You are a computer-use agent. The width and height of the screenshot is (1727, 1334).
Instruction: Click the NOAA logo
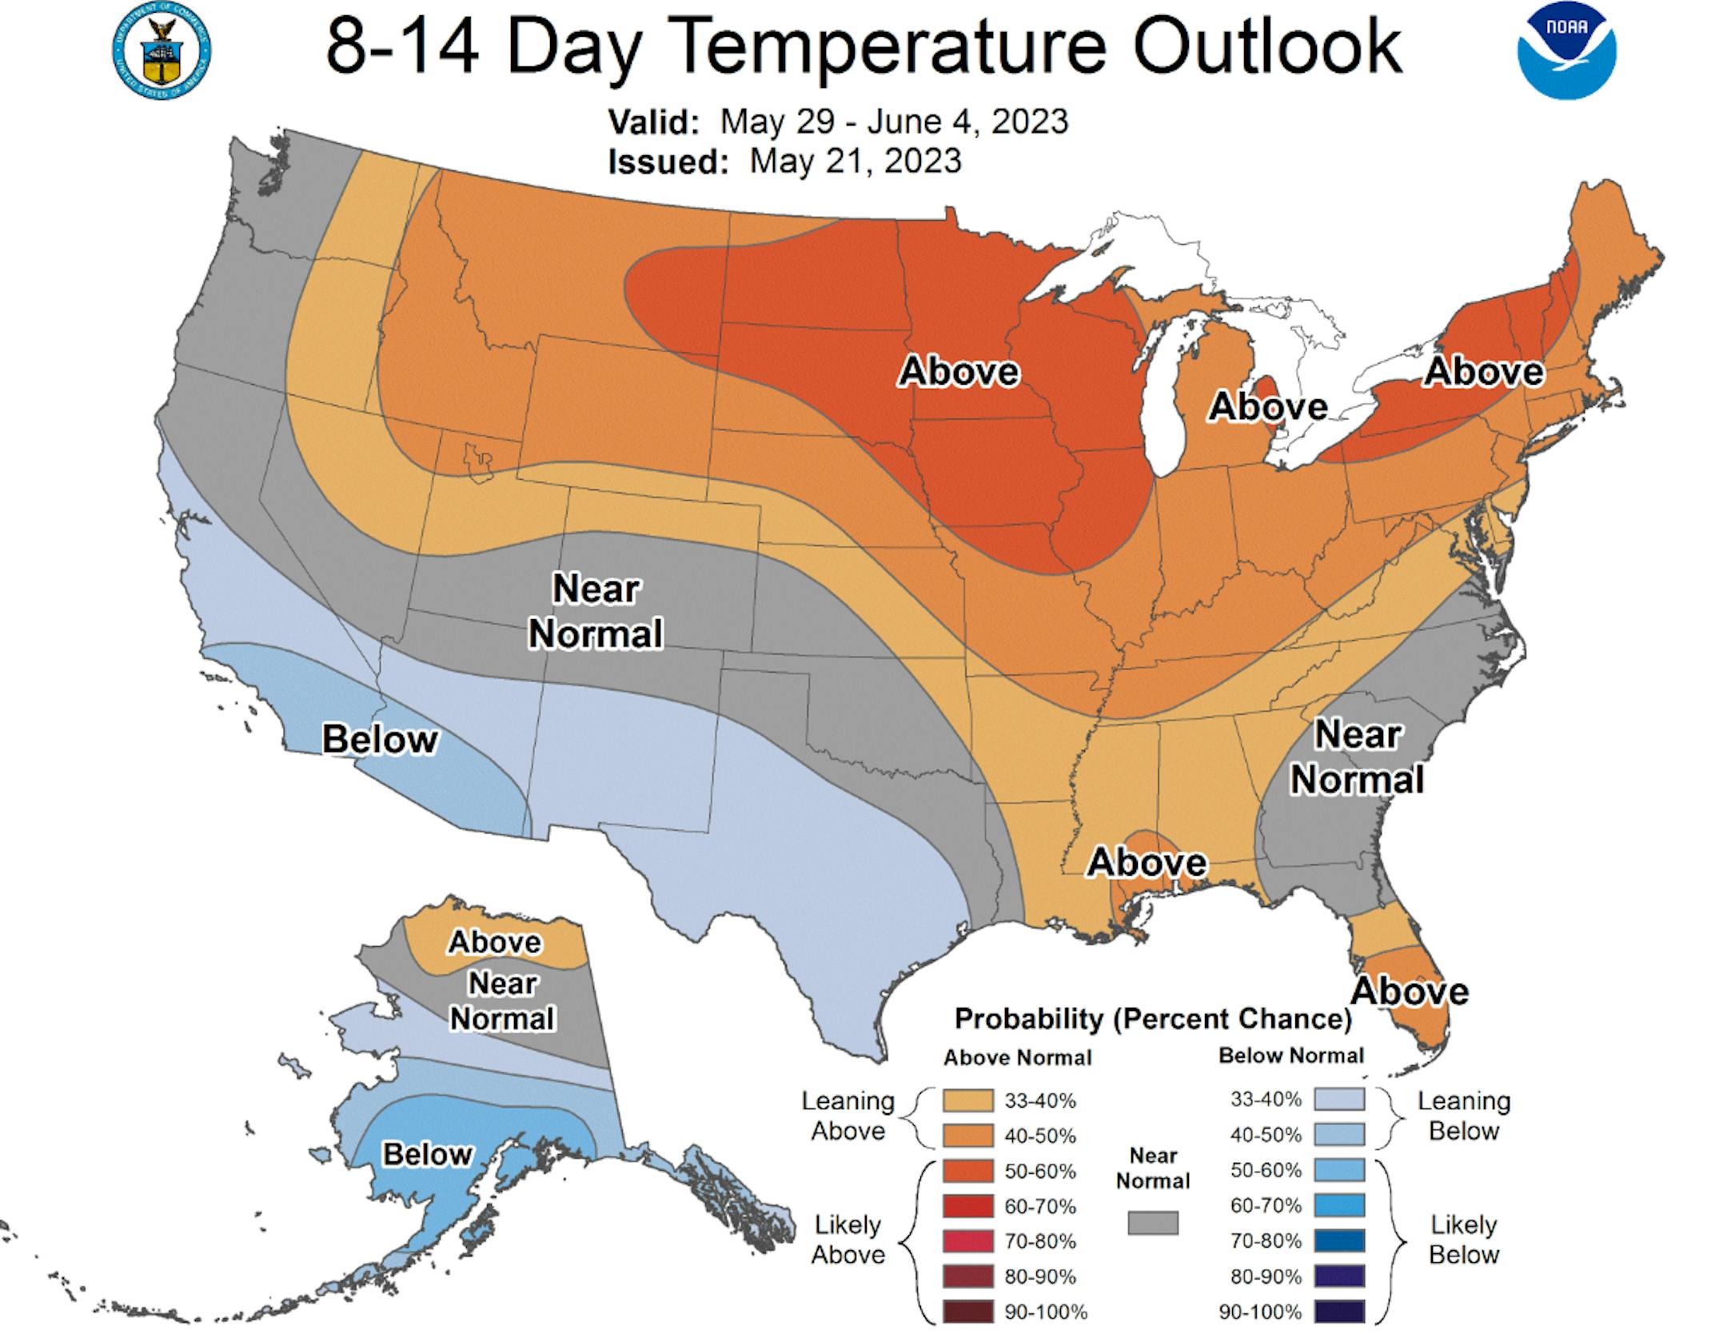[1566, 51]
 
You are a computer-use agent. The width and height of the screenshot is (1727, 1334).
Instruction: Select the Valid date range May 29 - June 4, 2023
[894, 122]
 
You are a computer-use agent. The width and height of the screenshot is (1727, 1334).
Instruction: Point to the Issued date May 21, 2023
[856, 162]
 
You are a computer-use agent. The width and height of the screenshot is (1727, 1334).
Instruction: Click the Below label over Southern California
[380, 739]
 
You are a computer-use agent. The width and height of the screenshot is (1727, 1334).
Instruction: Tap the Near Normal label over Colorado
[596, 612]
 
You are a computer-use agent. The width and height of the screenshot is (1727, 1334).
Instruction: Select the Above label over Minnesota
[959, 372]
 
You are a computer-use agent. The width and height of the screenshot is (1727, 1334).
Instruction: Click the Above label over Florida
[1410, 992]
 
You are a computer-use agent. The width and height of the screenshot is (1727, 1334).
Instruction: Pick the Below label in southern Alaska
[428, 1154]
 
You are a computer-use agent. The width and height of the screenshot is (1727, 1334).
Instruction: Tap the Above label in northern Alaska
[495, 942]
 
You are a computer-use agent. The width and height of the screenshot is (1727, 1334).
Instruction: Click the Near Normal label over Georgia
[1358, 757]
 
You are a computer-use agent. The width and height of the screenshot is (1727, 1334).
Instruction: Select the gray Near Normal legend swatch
[1153, 1222]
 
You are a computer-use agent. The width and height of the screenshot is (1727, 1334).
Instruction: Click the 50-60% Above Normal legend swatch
[967, 1171]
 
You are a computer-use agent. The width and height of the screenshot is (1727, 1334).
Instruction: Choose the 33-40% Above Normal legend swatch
[967, 1100]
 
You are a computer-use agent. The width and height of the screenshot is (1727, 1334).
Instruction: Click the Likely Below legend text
[1463, 1240]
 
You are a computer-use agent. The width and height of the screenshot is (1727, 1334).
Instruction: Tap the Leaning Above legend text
[848, 1116]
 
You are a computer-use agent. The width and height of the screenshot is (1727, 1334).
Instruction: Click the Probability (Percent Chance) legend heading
[1153, 1019]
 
